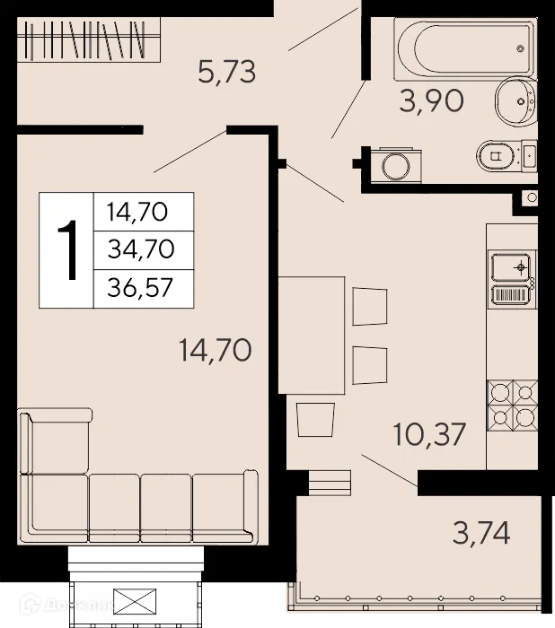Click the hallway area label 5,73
tap(227, 71)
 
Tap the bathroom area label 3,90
tap(432, 101)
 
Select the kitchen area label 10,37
tap(429, 435)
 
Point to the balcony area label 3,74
tap(481, 534)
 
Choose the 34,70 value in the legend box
tap(141, 250)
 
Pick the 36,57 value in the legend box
tap(141, 288)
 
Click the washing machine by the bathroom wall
tap(392, 165)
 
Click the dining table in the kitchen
tap(312, 335)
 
